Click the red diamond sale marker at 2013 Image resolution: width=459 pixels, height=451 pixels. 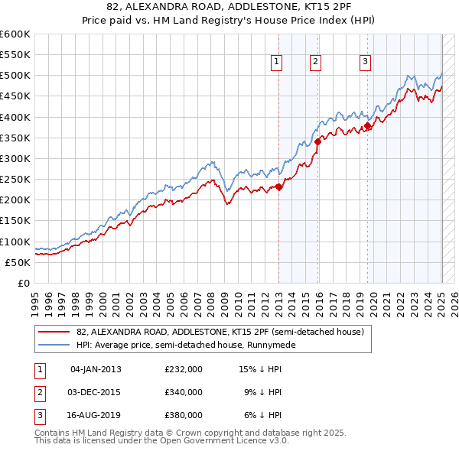click(x=279, y=187)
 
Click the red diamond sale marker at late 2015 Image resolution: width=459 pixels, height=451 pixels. click(x=318, y=141)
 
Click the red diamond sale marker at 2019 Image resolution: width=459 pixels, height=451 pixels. click(x=368, y=125)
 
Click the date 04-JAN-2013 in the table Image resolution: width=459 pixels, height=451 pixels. click(x=96, y=369)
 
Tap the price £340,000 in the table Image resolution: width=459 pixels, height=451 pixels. click(x=184, y=392)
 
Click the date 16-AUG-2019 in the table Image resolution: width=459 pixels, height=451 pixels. click(x=96, y=416)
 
